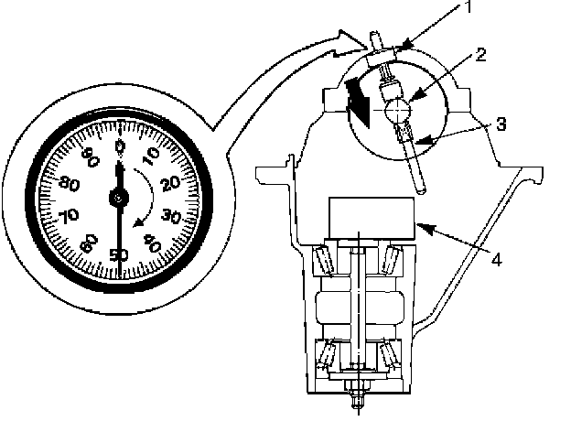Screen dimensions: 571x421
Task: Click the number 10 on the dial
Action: click(151, 152)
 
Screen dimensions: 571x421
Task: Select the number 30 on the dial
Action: click(170, 218)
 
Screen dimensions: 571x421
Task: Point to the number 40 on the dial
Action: click(152, 244)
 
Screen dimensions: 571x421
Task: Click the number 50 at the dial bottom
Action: click(117, 255)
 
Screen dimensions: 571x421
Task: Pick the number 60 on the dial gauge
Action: click(86, 243)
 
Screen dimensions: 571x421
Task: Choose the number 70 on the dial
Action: click(66, 218)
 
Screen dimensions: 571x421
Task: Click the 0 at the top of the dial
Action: click(119, 144)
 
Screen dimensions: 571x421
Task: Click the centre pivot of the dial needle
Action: click(118, 198)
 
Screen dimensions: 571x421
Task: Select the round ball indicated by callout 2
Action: click(397, 112)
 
